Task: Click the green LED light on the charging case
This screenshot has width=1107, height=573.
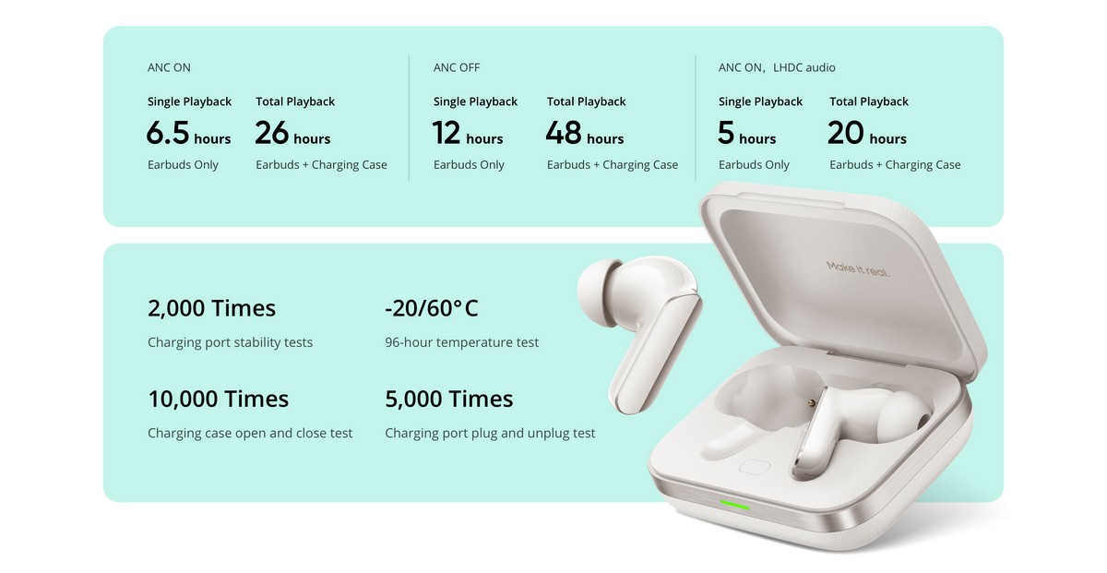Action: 734,506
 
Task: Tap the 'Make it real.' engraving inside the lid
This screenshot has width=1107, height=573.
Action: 858,269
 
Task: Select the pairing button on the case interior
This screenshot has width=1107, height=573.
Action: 755,467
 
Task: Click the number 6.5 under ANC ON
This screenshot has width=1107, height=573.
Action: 168,133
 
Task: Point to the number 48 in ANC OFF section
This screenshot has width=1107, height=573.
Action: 564,133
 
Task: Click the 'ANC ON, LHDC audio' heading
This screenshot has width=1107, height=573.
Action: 777,67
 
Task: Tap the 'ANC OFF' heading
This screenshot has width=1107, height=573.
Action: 457,67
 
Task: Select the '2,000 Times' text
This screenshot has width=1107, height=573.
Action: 211,308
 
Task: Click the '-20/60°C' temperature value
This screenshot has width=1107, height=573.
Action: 432,308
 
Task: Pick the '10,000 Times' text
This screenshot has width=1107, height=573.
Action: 219,399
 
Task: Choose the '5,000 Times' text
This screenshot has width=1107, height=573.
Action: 448,399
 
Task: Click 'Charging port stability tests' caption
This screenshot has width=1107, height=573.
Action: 231,342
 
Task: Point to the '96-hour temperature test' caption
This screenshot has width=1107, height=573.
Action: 461,342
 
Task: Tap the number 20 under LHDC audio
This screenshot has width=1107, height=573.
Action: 846,133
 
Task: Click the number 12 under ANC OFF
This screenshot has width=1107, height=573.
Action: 446,133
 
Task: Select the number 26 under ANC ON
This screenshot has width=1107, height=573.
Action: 272,133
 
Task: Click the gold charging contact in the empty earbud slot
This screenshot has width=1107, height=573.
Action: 811,403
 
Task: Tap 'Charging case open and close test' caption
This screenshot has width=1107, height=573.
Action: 250,433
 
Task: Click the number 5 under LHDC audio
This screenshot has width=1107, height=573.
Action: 726,133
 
